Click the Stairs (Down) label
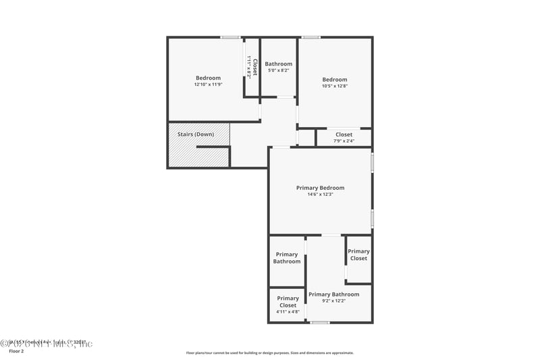point(196,134)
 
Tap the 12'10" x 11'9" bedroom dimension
point(208,84)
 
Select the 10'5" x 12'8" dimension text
point(335,86)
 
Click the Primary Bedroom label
point(320,188)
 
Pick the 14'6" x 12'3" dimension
point(320,195)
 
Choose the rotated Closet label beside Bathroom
point(255,68)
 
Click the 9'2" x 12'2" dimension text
point(333,301)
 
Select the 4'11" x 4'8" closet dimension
point(288,312)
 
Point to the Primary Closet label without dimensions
point(358,255)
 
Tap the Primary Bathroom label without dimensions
point(287,258)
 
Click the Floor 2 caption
point(16,351)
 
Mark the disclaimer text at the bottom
point(269,353)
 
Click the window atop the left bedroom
point(230,37)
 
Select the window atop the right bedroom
point(310,37)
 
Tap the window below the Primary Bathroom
point(319,322)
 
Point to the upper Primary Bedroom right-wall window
point(372,163)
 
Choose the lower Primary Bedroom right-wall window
point(372,218)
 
